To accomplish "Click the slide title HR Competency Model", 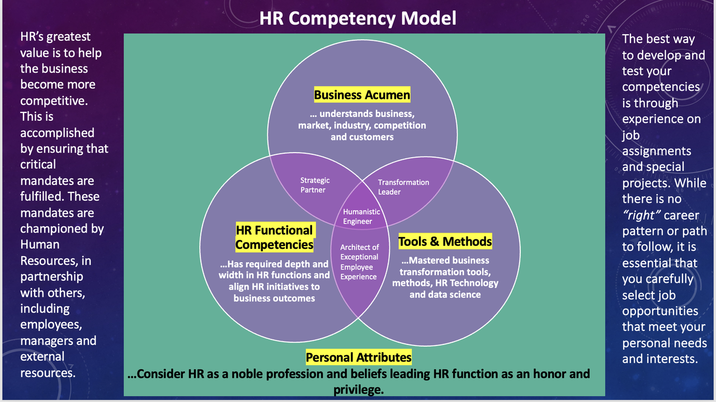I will point(357,18).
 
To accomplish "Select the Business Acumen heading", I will point(362,95).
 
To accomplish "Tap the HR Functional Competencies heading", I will point(274,238).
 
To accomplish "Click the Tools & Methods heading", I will point(445,242).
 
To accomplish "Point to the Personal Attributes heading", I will point(359,357).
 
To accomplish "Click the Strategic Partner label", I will point(315,185).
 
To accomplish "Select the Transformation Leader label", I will point(403,187).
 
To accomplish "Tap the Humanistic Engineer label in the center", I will point(361,216).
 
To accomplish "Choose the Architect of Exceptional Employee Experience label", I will point(359,262).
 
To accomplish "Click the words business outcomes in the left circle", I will point(274,298).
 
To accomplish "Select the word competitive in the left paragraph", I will point(53,101).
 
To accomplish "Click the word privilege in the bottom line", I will point(358,389).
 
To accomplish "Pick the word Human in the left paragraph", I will point(40,245).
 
